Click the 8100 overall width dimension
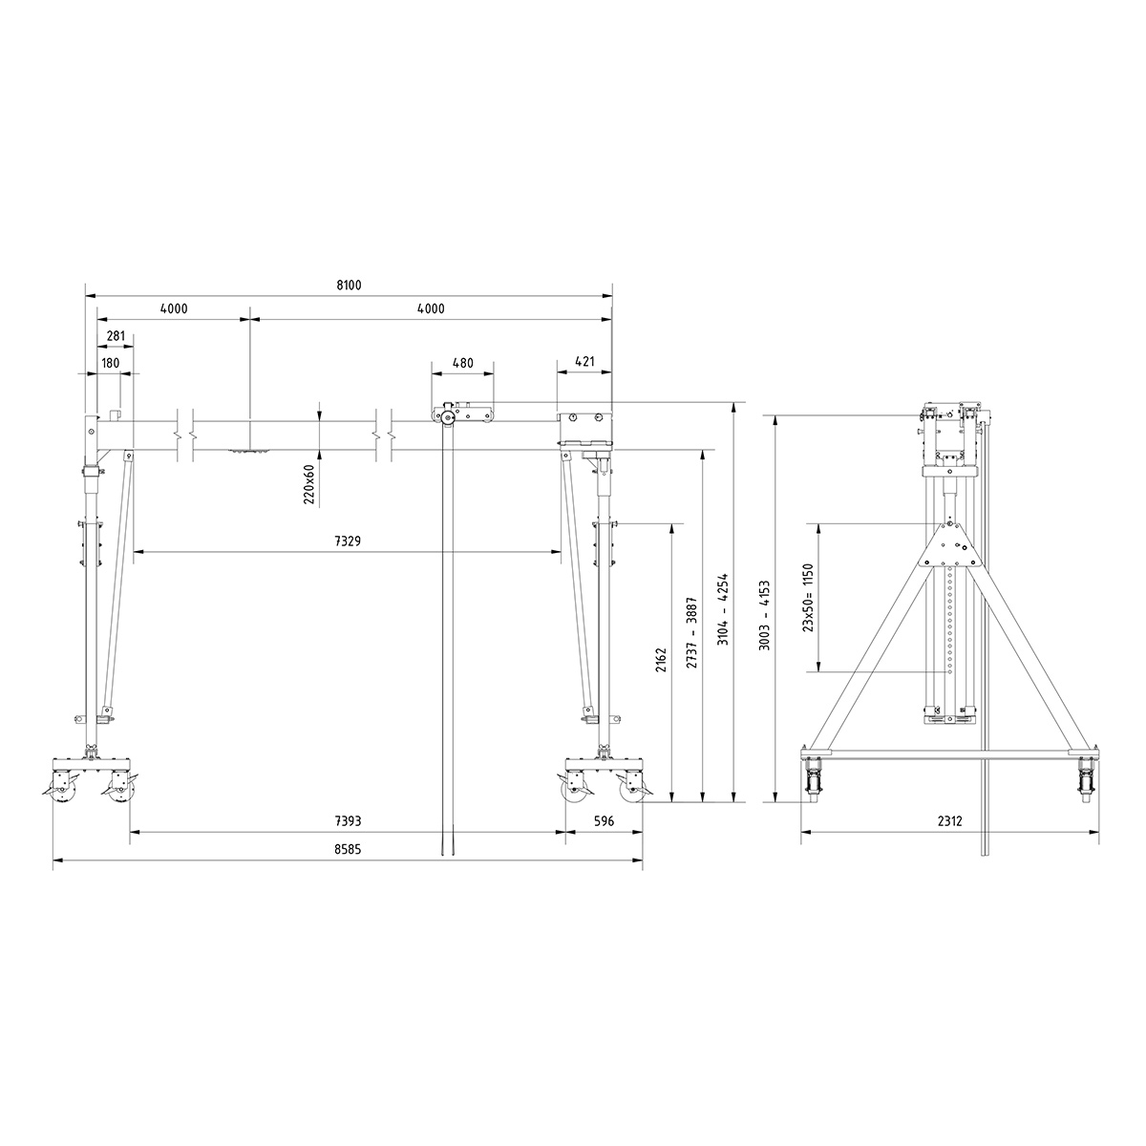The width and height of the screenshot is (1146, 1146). click(x=350, y=286)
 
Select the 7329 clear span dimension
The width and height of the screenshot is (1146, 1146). click(x=348, y=541)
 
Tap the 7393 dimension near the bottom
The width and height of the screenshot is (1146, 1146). click(x=348, y=821)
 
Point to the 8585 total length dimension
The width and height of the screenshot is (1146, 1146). click(x=348, y=848)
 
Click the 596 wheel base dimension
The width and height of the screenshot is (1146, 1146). click(x=605, y=821)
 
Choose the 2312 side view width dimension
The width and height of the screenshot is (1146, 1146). click(x=947, y=821)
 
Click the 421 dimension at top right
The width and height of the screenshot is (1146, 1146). click(x=584, y=362)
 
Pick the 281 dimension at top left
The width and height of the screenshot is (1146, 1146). click(x=117, y=335)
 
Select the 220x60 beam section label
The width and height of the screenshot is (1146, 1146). click(x=308, y=484)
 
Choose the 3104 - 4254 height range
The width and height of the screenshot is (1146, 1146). click(x=723, y=607)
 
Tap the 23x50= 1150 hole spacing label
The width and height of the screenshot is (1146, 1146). click(x=808, y=598)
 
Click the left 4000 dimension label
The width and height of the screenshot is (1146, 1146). click(x=174, y=308)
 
